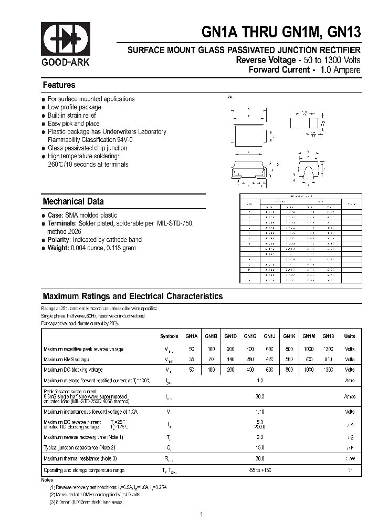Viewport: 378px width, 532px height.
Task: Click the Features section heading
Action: point(59,85)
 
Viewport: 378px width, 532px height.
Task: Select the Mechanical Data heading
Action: point(73,201)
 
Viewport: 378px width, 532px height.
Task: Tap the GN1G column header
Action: point(250,336)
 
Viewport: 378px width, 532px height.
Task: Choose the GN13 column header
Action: point(328,336)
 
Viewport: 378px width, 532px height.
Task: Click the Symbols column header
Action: point(169,336)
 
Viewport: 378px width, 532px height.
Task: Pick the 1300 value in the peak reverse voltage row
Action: point(328,349)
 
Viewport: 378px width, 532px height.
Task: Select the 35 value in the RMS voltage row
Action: point(192,360)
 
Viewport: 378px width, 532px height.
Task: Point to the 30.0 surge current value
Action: point(260,397)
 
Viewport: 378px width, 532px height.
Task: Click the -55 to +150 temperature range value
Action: point(260,470)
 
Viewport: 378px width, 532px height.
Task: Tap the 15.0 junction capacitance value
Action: point(260,447)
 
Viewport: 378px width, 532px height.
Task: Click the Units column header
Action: point(350,336)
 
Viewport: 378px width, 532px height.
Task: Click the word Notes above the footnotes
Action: point(47,480)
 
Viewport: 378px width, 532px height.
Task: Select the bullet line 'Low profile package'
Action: point(75,107)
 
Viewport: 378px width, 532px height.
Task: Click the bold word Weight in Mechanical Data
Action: point(58,248)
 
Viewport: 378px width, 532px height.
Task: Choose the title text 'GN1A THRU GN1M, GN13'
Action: point(281,33)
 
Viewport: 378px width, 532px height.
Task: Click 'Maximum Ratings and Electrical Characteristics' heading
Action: point(133,296)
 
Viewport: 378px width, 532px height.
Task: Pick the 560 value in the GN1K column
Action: point(289,360)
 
